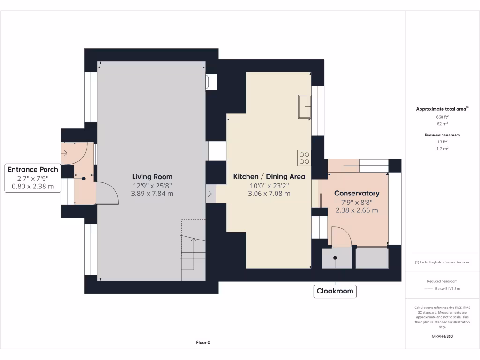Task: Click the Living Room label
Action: (x=152, y=177)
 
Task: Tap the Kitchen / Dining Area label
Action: (x=269, y=177)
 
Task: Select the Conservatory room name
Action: (x=357, y=193)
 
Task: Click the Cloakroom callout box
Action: (x=335, y=291)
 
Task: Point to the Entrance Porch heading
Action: (x=33, y=169)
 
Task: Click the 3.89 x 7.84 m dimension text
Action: (x=152, y=193)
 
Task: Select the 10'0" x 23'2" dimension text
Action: (x=269, y=185)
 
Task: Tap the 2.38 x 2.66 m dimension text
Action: (x=357, y=210)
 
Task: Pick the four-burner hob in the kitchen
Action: (x=304, y=158)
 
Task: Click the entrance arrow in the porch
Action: (x=64, y=153)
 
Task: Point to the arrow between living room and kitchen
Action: (x=208, y=193)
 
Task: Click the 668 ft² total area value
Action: (x=442, y=117)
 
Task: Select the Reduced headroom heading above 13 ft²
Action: (x=442, y=135)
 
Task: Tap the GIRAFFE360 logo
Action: (x=442, y=336)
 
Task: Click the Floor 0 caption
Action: (x=203, y=343)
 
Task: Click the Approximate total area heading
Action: (x=442, y=109)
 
